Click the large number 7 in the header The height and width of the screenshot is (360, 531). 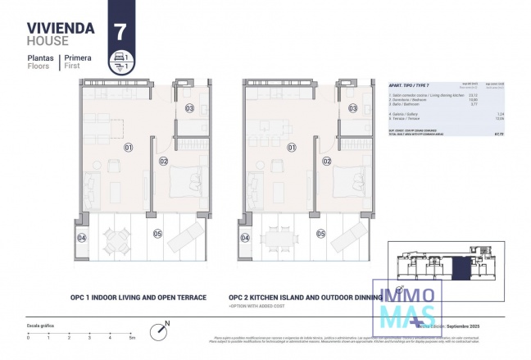point(121,32)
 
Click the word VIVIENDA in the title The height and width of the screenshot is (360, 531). point(61,28)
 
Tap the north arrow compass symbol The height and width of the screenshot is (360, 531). point(159,331)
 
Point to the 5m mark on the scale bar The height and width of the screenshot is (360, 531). point(131,337)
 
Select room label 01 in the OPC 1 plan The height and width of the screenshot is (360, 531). point(128,148)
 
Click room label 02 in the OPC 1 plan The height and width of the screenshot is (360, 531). point(164,162)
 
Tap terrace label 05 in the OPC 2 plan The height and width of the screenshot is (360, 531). point(321,234)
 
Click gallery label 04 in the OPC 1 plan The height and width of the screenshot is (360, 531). point(81,238)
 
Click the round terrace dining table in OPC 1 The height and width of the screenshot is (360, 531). point(120,239)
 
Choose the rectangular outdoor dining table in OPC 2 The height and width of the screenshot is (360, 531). point(284,239)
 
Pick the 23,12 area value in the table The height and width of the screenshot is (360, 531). point(473,94)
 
